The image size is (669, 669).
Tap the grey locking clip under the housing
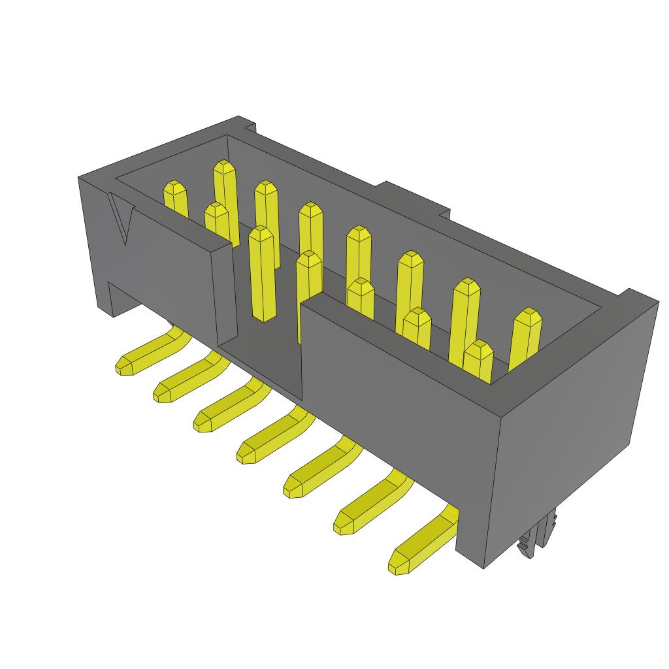(x=537, y=536)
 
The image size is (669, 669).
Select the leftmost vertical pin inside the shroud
(x=175, y=199)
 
